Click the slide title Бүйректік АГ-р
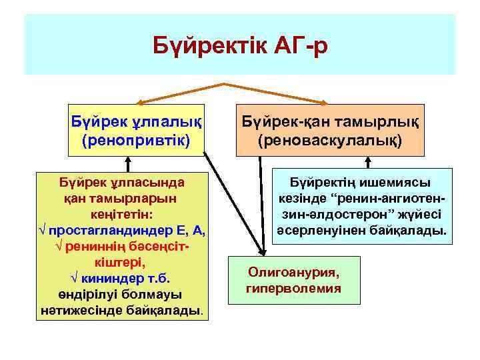pos(240,47)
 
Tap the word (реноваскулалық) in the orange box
pos(330,141)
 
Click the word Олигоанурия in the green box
pos(293,273)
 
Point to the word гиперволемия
pos(293,289)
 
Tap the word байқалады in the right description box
pos(413,231)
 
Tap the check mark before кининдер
pos(75,278)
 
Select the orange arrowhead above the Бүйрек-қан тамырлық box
pos(325,102)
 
